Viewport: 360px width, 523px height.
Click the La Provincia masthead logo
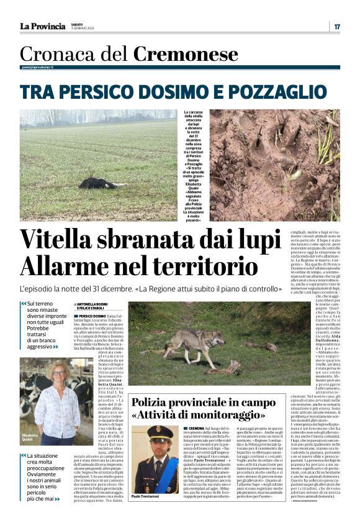(x=42, y=26)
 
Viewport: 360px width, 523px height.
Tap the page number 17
(x=337, y=26)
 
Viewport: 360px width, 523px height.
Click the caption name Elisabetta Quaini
(x=30, y=437)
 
